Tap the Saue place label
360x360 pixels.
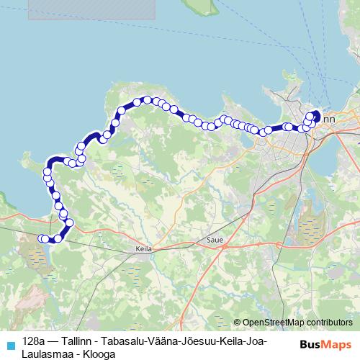(215, 239)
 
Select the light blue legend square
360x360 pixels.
(10, 346)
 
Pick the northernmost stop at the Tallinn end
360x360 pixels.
(315, 112)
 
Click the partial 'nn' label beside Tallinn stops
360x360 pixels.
(328, 118)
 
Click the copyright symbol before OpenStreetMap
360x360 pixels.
(237, 323)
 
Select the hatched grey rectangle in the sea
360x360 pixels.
(92, 9)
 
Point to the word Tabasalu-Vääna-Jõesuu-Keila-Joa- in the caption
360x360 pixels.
(186, 340)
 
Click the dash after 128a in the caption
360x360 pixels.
(53, 340)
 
